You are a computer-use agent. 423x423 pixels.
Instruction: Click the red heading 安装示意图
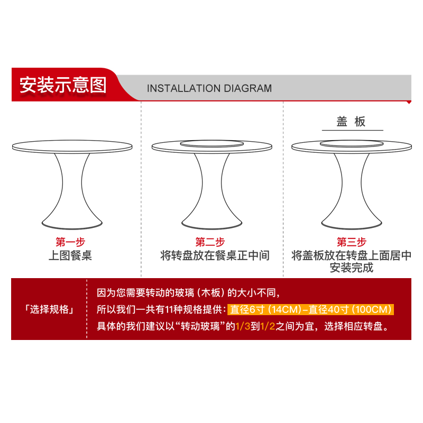[63, 85]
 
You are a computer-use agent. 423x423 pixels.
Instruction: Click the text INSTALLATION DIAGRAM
[209, 88]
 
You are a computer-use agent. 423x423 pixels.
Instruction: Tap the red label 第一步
[70, 242]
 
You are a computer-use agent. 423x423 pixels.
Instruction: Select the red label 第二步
[210, 242]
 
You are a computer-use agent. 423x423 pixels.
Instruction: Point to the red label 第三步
[351, 242]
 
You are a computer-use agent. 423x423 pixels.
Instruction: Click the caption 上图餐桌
[70, 256]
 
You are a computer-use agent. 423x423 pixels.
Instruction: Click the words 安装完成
[352, 268]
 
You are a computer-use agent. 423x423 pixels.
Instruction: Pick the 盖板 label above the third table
[351, 122]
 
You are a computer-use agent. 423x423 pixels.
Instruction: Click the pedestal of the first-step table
[71, 190]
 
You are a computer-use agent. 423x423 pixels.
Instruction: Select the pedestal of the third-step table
[351, 190]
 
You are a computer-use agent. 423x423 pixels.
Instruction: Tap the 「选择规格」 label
[49, 310]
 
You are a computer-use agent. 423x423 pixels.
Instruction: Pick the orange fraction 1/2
[267, 326]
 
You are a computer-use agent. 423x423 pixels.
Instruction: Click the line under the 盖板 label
[351, 130]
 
